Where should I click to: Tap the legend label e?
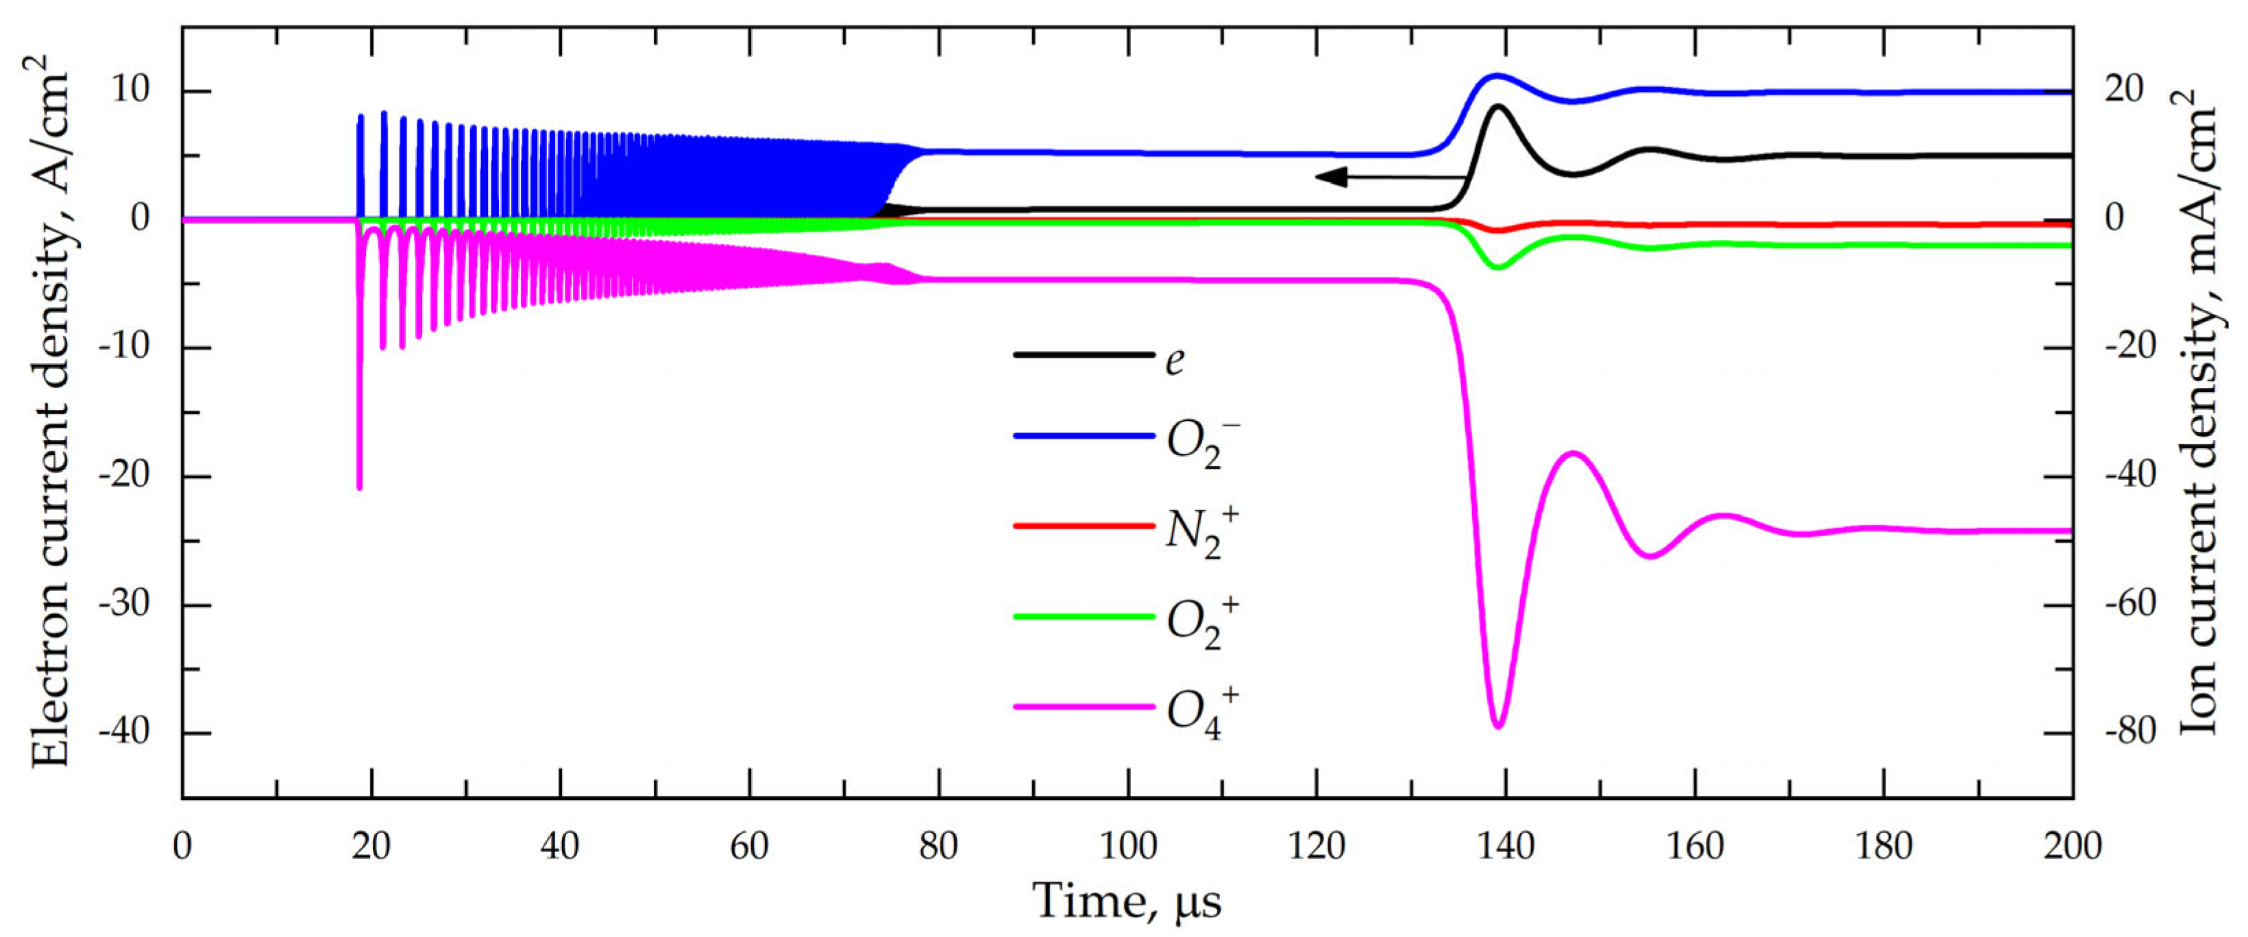pos(1175,358)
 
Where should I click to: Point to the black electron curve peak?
pos(1498,106)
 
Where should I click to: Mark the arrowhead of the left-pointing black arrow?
pos(1319,177)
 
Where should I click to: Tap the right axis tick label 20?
pos(2125,90)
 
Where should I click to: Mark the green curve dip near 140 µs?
pos(1498,266)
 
